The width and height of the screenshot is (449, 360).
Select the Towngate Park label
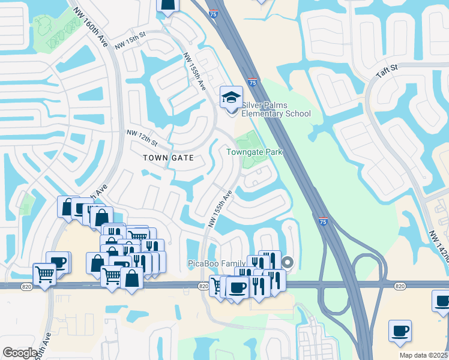pyautogui.click(x=254, y=152)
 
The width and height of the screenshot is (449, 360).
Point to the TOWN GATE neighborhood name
pyautogui.click(x=168, y=158)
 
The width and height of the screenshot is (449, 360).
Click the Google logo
pyautogui.click(x=20, y=353)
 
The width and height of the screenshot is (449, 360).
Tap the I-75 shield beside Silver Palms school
pyautogui.click(x=253, y=82)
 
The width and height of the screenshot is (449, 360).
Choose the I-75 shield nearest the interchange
pyautogui.click(x=322, y=221)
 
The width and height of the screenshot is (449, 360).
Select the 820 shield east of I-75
pyautogui.click(x=400, y=286)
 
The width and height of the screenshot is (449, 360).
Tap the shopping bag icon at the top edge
pyautogui.click(x=168, y=5)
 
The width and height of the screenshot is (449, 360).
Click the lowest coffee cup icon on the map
pyautogui.click(x=400, y=331)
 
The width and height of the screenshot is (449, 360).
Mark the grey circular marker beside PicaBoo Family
pyautogui.click(x=288, y=262)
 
